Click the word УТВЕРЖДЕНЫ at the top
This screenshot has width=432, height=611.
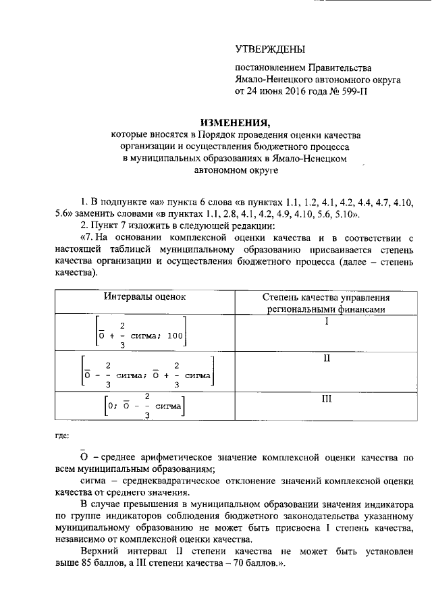click(x=269, y=49)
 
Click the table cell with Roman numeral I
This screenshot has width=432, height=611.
click(x=326, y=322)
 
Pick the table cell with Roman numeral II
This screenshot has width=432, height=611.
click(x=326, y=358)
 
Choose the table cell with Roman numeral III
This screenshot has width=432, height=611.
click(x=326, y=399)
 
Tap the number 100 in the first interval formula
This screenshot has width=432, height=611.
click(x=175, y=336)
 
